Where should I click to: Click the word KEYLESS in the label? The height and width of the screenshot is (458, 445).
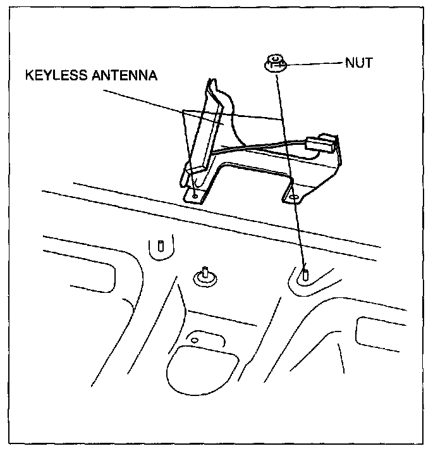click(x=54, y=76)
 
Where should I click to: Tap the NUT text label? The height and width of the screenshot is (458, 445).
click(x=358, y=63)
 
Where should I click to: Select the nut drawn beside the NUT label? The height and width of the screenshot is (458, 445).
click(x=274, y=63)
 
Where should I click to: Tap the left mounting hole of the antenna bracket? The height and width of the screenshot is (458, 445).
click(x=195, y=196)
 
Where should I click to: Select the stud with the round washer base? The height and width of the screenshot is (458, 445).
click(x=205, y=276)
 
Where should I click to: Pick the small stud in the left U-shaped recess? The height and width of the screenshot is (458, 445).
click(x=160, y=245)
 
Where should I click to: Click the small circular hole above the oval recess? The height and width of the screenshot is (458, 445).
click(x=195, y=341)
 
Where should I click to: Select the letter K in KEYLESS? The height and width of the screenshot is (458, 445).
click(x=29, y=76)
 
